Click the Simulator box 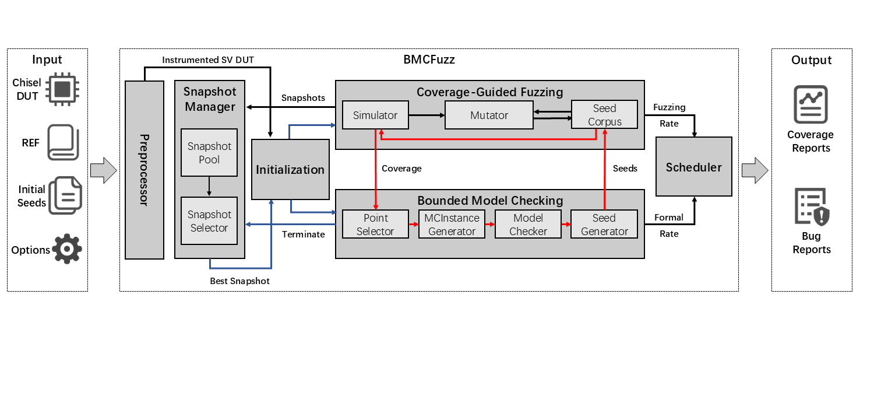click(x=375, y=115)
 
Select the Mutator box click(x=489, y=115)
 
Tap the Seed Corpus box click(x=604, y=115)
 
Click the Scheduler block click(x=693, y=167)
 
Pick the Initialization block click(x=290, y=169)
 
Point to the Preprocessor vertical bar click(x=145, y=170)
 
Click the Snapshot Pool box click(x=209, y=152)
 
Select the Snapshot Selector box click(x=209, y=221)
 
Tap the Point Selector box click(x=375, y=225)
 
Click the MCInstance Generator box click(x=452, y=225)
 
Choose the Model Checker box click(x=528, y=225)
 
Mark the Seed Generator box click(x=604, y=225)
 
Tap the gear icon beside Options click(x=66, y=249)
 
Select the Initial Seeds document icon click(x=65, y=195)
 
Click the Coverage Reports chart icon click(x=810, y=104)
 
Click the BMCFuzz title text click(x=429, y=60)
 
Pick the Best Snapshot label click(x=239, y=281)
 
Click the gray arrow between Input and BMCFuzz click(x=104, y=170)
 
